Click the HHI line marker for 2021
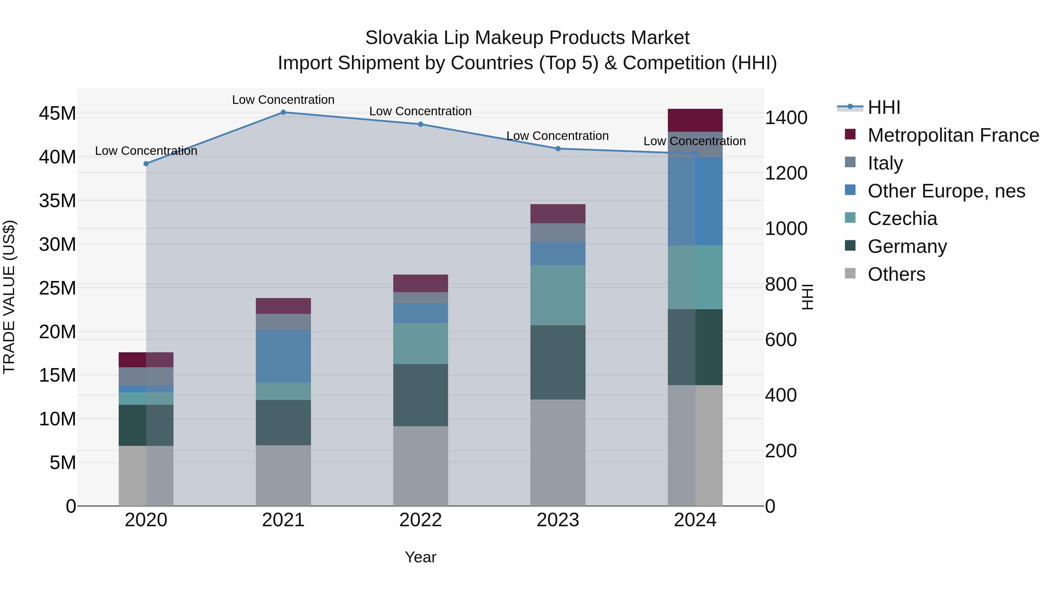click(x=283, y=112)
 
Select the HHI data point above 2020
click(x=146, y=164)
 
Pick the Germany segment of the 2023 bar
click(x=557, y=362)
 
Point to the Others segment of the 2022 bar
click(x=420, y=466)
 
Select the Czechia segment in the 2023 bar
click(x=557, y=295)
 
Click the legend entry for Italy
click(x=885, y=163)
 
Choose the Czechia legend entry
click(x=902, y=219)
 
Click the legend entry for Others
click(x=896, y=274)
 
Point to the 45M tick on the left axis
click(x=57, y=114)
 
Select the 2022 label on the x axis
click(x=420, y=520)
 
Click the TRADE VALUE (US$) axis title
click(x=9, y=297)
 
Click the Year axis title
click(x=420, y=557)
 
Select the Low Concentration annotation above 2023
click(x=557, y=136)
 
